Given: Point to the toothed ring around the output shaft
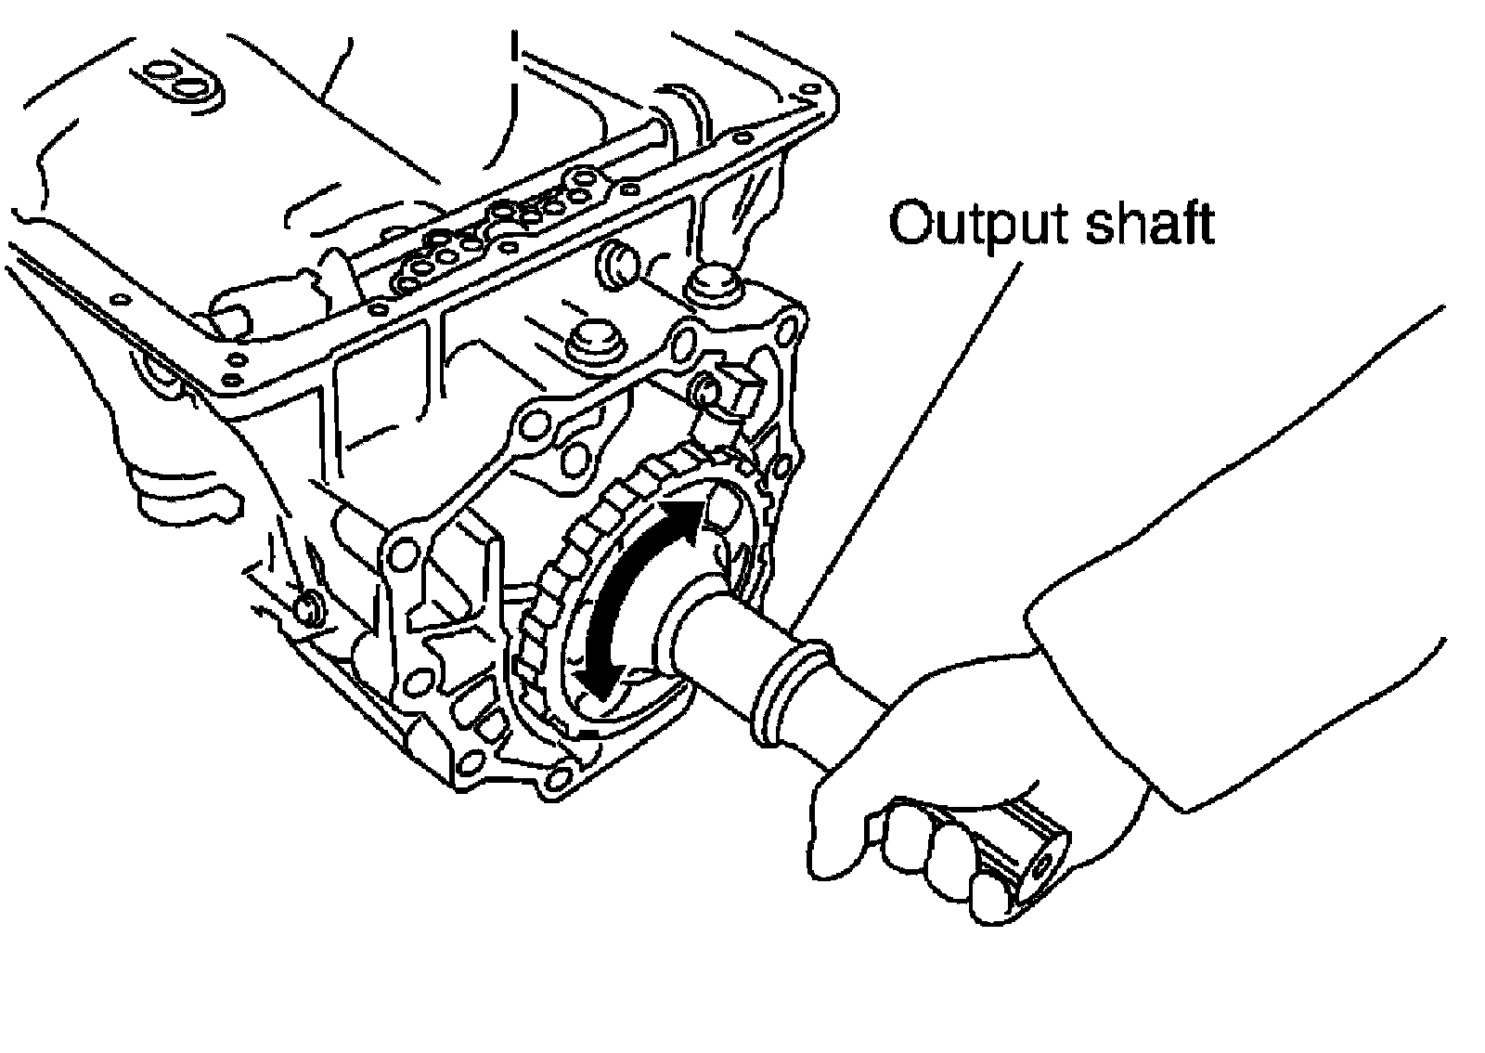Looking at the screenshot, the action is tap(557, 576).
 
